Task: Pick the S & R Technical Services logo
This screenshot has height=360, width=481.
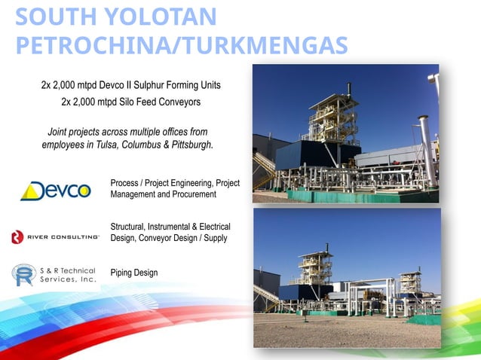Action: pos(54,275)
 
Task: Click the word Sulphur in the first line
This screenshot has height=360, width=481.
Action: pos(159,84)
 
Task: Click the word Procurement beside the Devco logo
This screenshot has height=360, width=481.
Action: pos(192,194)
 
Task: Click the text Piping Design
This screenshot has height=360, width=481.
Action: pos(134,273)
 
